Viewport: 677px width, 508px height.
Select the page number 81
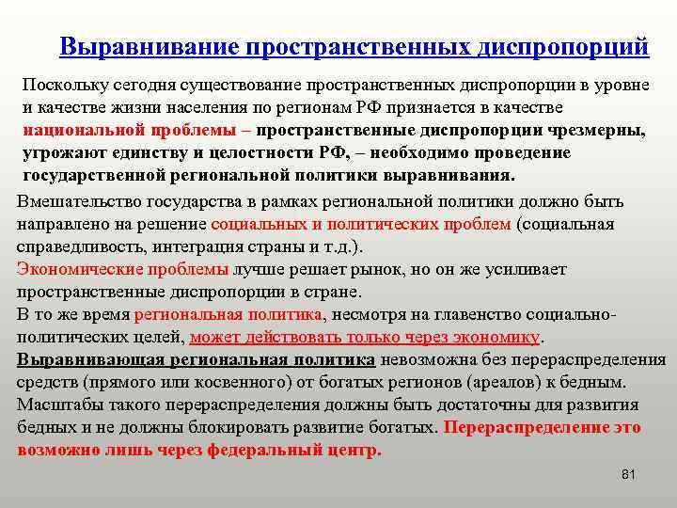click(629, 473)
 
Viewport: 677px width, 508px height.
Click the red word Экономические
click(79, 270)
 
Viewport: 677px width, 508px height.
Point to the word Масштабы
click(58, 405)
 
